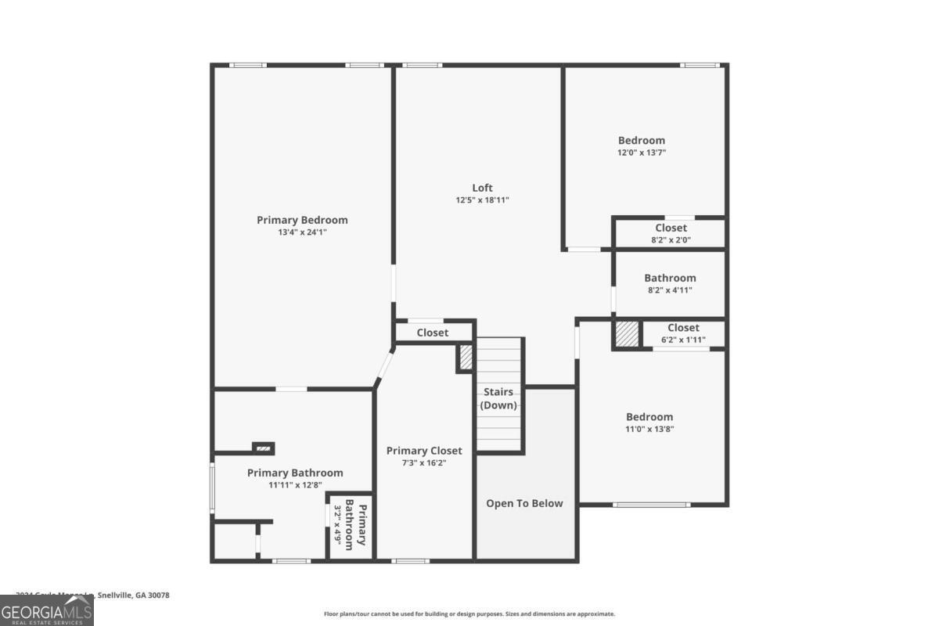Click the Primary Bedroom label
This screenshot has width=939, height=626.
pyautogui.click(x=302, y=220)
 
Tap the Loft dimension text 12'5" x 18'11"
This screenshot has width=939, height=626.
pyautogui.click(x=482, y=200)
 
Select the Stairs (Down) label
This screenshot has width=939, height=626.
pyautogui.click(x=498, y=398)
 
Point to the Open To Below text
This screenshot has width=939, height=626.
pyautogui.click(x=524, y=503)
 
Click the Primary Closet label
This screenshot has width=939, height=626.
pyautogui.click(x=424, y=451)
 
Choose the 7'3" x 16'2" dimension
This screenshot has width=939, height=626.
pyautogui.click(x=424, y=463)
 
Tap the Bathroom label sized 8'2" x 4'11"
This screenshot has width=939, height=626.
pyautogui.click(x=670, y=278)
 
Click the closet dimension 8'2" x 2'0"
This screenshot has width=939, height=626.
pyautogui.click(x=671, y=241)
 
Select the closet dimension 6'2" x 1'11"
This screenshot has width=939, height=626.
pyautogui.click(x=683, y=340)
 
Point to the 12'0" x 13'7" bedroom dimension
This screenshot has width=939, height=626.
pyautogui.click(x=642, y=153)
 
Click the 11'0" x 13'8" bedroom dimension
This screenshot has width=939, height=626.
pyautogui.click(x=649, y=430)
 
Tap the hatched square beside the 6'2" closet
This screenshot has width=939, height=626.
pyautogui.click(x=627, y=334)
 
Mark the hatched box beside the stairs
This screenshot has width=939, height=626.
pyautogui.click(x=466, y=358)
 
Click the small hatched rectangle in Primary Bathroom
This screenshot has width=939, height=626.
pyautogui.click(x=264, y=448)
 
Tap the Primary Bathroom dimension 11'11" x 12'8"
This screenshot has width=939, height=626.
pyautogui.click(x=295, y=485)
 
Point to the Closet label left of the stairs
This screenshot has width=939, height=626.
pyautogui.click(x=432, y=333)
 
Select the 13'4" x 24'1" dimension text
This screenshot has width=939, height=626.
pyautogui.click(x=302, y=232)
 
